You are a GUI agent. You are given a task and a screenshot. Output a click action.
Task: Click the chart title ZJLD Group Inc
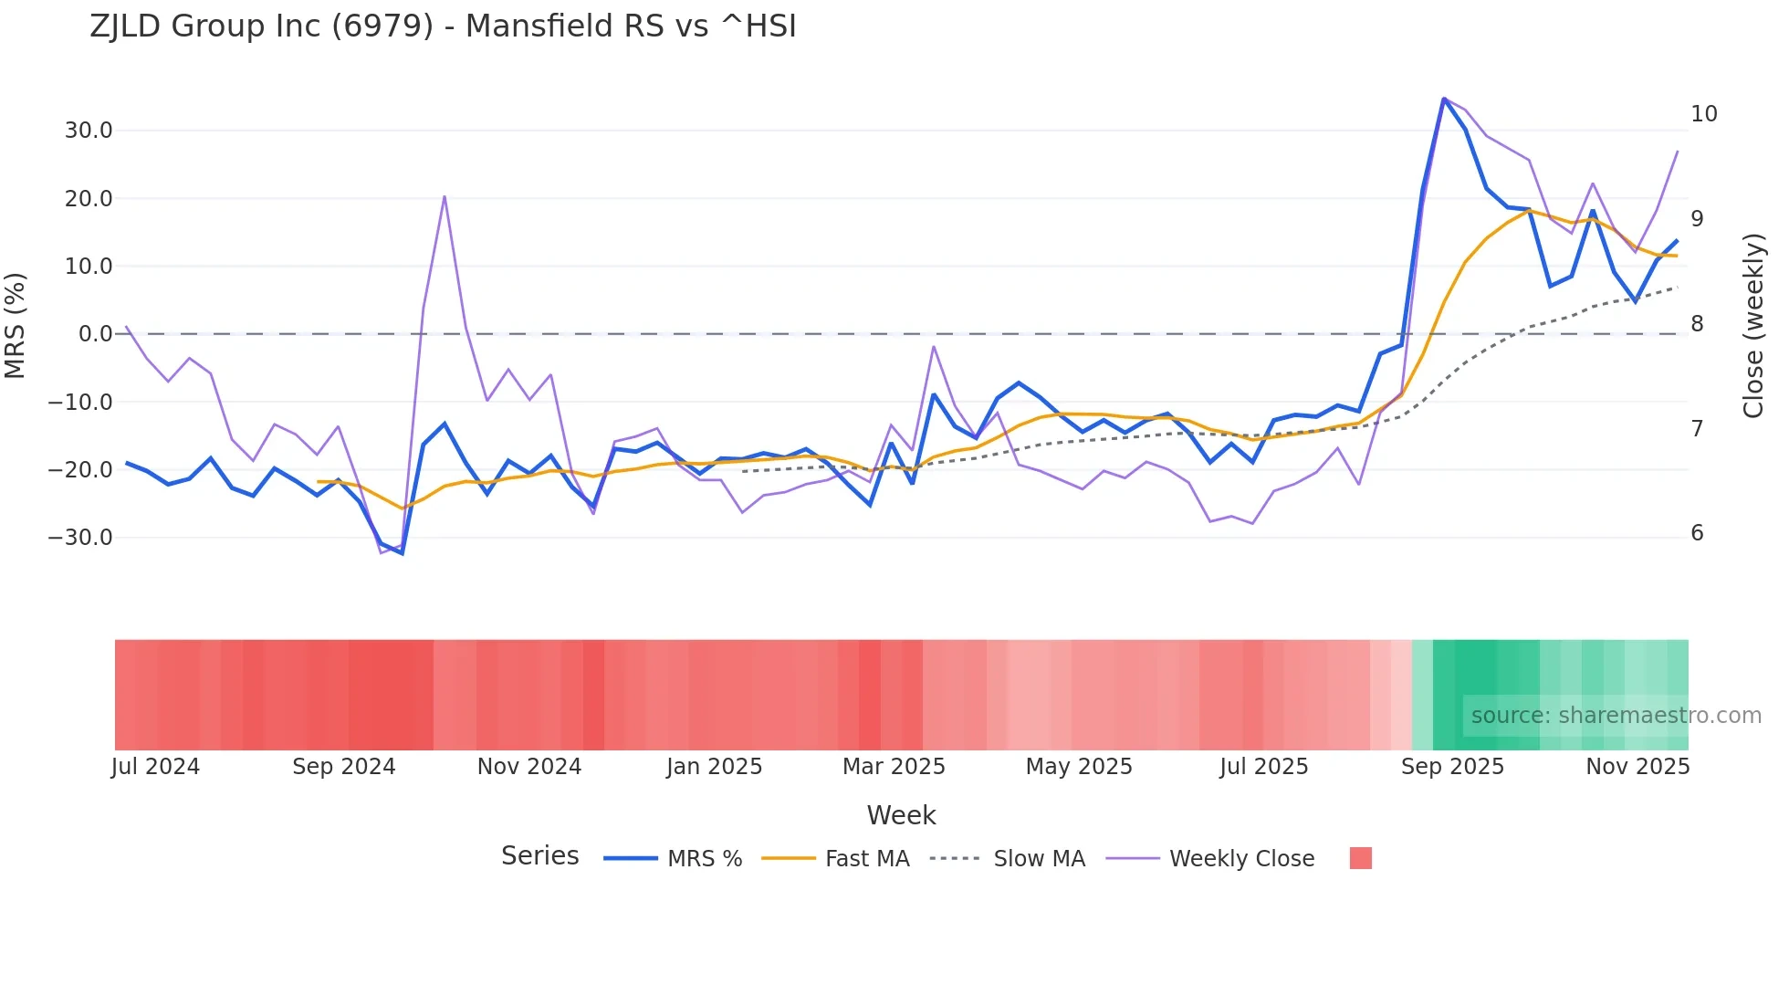click(x=443, y=26)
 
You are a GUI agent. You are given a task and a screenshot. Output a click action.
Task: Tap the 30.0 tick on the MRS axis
click(x=89, y=131)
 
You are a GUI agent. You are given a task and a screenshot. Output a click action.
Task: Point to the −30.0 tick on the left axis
click(x=80, y=538)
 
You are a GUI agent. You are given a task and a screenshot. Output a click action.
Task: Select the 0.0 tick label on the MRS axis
click(x=95, y=334)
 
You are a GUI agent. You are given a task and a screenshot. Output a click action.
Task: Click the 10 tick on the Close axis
click(x=1703, y=114)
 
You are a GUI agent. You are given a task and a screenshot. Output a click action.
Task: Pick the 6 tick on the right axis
click(x=1697, y=533)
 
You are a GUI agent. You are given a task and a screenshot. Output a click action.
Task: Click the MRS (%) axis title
click(x=16, y=325)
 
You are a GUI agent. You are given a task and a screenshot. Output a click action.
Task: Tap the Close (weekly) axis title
click(x=1752, y=325)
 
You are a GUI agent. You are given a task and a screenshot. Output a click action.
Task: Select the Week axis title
click(x=901, y=815)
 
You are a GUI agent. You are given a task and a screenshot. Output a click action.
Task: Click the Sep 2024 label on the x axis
click(x=343, y=767)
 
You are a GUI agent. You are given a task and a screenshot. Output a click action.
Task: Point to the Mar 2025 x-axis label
click(x=894, y=767)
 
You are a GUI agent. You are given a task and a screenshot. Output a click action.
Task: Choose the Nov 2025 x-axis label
click(x=1637, y=767)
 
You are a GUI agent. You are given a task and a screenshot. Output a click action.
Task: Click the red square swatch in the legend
click(x=1360, y=858)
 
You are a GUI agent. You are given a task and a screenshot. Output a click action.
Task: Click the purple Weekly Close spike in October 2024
click(x=445, y=196)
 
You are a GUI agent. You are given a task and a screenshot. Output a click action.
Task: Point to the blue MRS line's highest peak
click(x=1444, y=99)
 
